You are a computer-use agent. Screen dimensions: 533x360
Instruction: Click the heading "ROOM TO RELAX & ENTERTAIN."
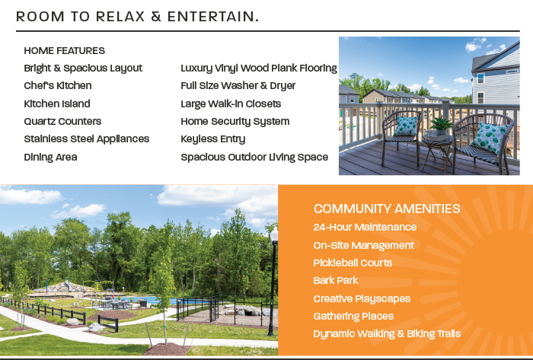(137, 17)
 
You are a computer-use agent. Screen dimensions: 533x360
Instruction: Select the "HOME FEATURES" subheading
(64, 51)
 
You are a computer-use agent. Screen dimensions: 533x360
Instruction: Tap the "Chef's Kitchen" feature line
(58, 85)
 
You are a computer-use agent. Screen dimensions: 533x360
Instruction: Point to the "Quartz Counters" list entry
(62, 121)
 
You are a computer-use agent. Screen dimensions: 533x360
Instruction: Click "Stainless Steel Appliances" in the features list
(87, 139)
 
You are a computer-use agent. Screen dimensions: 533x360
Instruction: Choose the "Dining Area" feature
(51, 158)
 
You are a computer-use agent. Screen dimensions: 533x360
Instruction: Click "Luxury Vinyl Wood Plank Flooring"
(259, 68)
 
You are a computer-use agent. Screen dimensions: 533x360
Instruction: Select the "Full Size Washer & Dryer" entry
(238, 85)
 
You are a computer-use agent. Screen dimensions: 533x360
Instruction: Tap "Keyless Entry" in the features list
(212, 139)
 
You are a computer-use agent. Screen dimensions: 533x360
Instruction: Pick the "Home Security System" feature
(235, 122)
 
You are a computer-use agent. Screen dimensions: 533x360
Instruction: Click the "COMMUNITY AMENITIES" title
(387, 209)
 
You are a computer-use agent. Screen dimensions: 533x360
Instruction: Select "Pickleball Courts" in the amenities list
(353, 263)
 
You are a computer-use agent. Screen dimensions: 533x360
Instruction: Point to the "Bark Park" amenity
(336, 281)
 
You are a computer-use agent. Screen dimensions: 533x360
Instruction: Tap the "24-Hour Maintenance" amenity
(365, 227)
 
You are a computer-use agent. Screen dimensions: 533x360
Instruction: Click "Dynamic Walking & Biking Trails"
(387, 334)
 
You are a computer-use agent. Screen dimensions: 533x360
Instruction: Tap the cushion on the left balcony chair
(406, 126)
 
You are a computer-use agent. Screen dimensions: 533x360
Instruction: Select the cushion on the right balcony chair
(490, 138)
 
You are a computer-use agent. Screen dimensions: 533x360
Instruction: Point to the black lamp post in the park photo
(273, 282)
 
